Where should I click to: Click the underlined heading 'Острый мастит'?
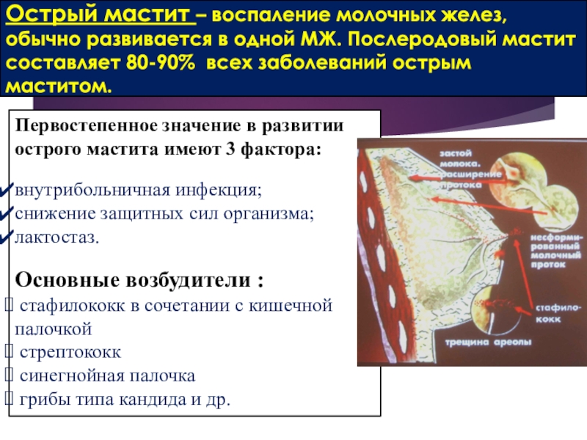tap(101, 15)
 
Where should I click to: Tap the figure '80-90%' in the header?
tap(161, 63)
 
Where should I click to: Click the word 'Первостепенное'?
tap(86, 125)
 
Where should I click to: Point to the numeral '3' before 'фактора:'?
tap(230, 150)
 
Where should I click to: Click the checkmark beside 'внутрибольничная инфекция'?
tap(7, 189)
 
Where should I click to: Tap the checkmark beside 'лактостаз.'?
tap(7, 236)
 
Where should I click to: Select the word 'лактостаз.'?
tap(57, 237)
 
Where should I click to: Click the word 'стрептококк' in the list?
tap(70, 353)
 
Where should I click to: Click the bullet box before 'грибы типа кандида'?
tap(9, 399)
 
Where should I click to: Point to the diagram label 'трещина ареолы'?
tap(488, 342)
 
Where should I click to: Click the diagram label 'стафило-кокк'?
tap(558, 314)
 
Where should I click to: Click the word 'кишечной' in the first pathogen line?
tap(291, 305)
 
